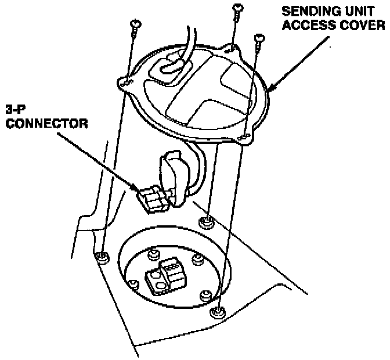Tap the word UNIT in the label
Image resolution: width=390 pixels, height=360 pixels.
357,11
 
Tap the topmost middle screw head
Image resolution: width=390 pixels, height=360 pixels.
237,7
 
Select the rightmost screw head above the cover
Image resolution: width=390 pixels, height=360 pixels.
258,38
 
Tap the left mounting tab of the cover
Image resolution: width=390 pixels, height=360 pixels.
124,82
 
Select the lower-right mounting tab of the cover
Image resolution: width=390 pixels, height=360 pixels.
246,138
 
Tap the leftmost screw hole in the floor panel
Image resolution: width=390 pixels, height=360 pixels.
103,256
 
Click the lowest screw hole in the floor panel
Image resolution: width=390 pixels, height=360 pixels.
218,312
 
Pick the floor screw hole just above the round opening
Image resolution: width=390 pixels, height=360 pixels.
205,222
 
